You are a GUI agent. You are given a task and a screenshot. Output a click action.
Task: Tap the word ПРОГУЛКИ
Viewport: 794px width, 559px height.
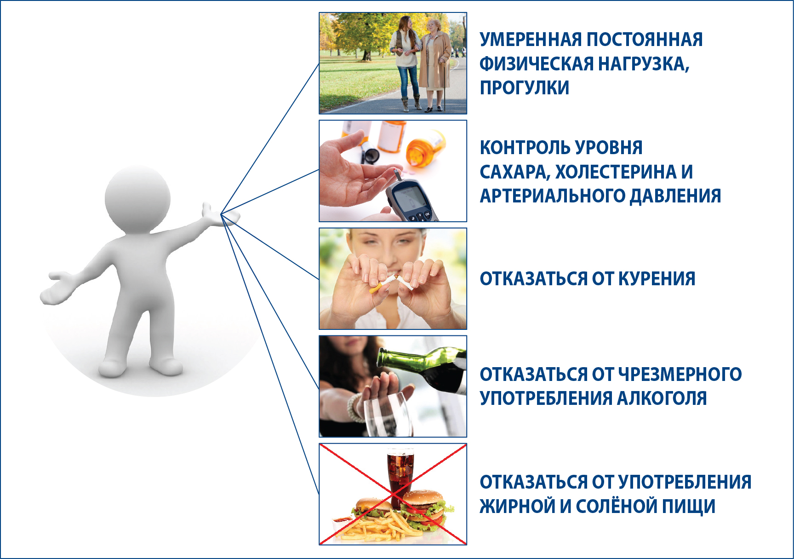pos(525,87)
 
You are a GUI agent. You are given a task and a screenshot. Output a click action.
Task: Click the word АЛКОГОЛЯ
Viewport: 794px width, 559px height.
pos(662,398)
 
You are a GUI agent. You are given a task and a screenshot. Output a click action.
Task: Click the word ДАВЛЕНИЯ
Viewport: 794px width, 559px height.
pos(675,196)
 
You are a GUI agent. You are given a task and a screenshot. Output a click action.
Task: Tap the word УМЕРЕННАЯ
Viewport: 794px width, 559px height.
pos(531,40)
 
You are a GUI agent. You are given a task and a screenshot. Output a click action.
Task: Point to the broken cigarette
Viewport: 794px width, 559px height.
pos(391,283)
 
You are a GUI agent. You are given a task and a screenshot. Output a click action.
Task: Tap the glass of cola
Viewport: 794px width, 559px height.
pos(400,474)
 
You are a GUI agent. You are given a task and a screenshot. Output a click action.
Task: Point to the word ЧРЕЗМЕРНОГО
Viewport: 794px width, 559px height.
pos(680,374)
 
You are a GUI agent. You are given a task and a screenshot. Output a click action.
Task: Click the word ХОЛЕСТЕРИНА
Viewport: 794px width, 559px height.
pos(616,172)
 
